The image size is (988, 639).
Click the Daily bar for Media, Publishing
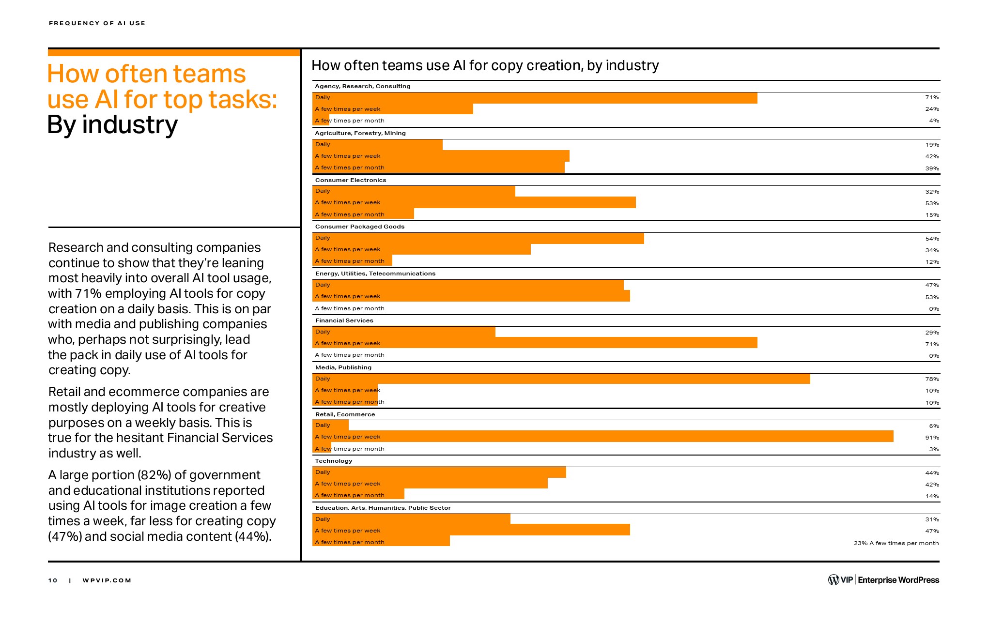pos(561,379)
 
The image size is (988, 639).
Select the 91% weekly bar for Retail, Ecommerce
pos(603,437)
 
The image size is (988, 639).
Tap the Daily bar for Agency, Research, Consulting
pos(535,98)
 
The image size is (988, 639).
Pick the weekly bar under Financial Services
pos(535,343)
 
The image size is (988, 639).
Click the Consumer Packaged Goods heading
pos(359,227)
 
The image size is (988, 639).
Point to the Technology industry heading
pos(334,461)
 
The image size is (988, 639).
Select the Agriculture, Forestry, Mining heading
pos(360,133)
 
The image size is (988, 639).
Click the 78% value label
pos(932,379)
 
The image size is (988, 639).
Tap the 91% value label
pos(932,438)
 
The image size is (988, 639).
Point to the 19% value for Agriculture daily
pos(932,145)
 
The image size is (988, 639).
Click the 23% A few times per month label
pos(896,543)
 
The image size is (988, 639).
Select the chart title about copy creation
pos(485,65)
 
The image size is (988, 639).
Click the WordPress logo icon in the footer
pos(834,580)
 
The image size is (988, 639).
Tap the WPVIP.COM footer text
pos(107,580)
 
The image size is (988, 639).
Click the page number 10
pos(53,580)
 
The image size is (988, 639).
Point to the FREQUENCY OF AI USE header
pos(97,23)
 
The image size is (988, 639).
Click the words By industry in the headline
pos(113,125)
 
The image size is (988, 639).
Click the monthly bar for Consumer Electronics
pos(363,214)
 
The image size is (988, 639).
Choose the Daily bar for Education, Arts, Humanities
pos(412,519)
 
